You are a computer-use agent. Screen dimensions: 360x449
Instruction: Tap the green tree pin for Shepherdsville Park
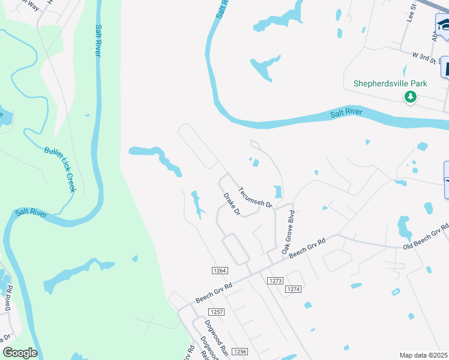click(410, 97)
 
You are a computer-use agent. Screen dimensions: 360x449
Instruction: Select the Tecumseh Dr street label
click(256, 196)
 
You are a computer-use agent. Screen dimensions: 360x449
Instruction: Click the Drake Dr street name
click(232, 204)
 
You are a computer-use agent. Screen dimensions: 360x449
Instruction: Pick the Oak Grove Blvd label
click(287, 230)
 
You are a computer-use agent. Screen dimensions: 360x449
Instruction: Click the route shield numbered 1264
click(220, 271)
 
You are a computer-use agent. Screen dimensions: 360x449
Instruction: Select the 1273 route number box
click(276, 281)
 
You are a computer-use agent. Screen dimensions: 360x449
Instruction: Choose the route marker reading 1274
click(292, 289)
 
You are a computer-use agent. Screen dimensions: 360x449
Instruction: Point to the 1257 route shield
click(217, 312)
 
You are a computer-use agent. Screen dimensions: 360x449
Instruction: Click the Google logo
click(20, 353)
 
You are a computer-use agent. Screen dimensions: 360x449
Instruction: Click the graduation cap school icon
click(444, 25)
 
